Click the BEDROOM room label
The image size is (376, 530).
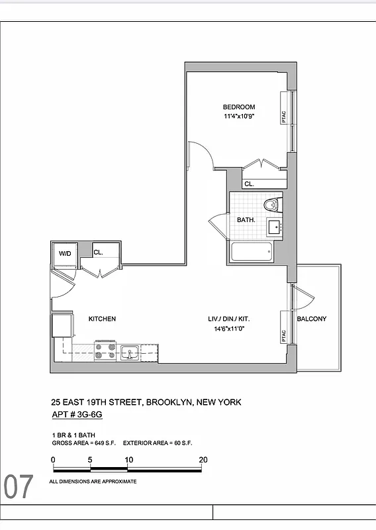tap(238, 107)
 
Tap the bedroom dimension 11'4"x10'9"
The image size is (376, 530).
tap(238, 117)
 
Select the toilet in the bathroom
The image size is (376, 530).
tap(272, 205)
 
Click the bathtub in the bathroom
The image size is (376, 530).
tap(252, 252)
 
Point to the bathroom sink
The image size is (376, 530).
tap(274, 227)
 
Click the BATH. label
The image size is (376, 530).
tap(246, 219)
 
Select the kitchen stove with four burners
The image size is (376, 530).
tap(105, 350)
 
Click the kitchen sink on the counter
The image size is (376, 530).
tap(130, 351)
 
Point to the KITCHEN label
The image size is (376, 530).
tap(102, 319)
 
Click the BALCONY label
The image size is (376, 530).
tap(311, 319)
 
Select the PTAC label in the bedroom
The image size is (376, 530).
tap(283, 117)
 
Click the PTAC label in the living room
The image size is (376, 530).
tap(283, 337)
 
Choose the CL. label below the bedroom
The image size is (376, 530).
tap(249, 184)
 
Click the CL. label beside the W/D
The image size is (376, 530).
tap(98, 252)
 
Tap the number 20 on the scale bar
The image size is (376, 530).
tap(203, 459)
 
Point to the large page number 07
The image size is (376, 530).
tap(18, 488)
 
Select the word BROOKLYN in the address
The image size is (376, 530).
tap(170, 402)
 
